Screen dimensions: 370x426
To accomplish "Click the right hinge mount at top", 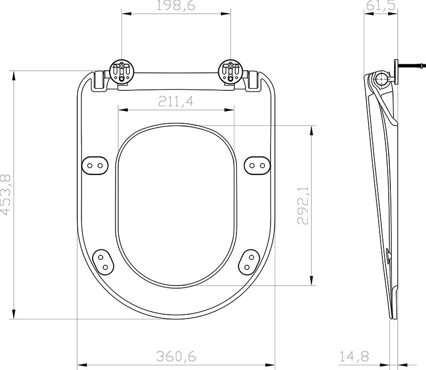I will pos(231,71).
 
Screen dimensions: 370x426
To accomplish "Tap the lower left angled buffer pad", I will pos(102,260).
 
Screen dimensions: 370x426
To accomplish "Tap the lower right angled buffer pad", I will pos(250,260).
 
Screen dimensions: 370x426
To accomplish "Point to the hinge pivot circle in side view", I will pos(382,80).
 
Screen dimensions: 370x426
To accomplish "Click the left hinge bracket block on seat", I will pos(99,80).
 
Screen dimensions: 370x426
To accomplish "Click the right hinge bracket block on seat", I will pos(255,80).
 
